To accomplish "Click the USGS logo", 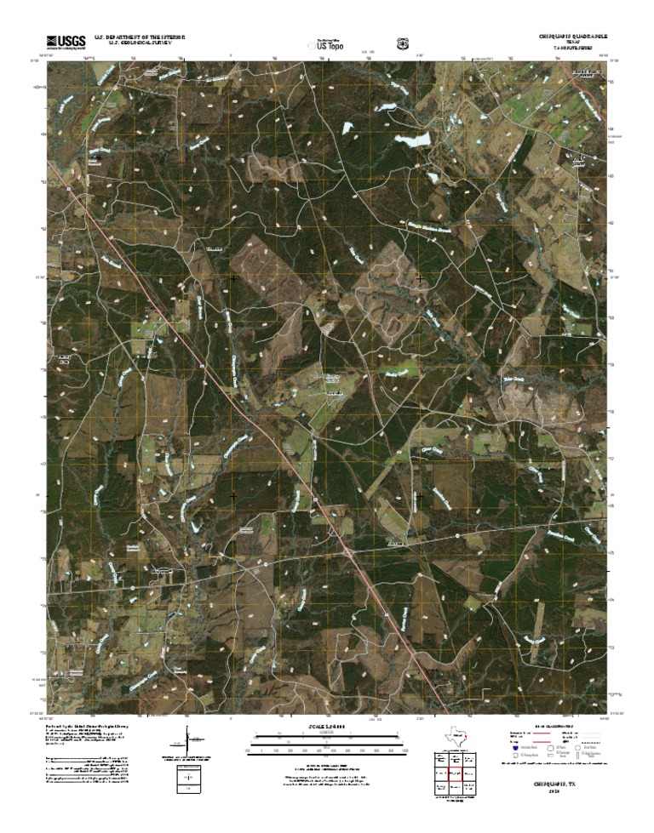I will click(x=66, y=41).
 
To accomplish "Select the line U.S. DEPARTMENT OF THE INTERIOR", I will click(x=146, y=37).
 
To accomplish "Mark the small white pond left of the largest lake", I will click(x=347, y=128).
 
